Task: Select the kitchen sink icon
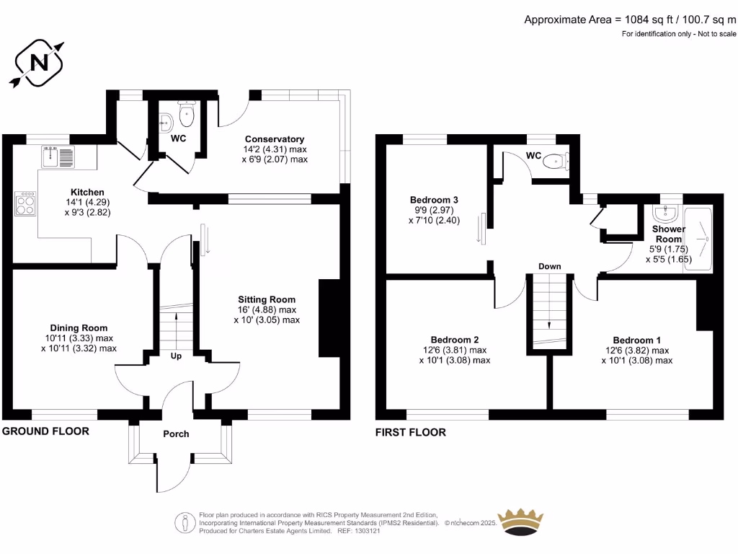pyautogui.click(x=58, y=156)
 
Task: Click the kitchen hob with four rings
pyautogui.click(x=26, y=203)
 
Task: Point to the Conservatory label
pyautogui.click(x=274, y=139)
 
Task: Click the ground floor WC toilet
pyautogui.click(x=189, y=113)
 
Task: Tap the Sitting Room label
pyautogui.click(x=267, y=299)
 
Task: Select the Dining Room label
pyautogui.click(x=79, y=327)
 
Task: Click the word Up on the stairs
pyautogui.click(x=176, y=356)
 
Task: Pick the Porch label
pyautogui.click(x=176, y=434)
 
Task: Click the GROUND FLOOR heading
pyautogui.click(x=45, y=431)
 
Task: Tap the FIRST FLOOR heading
pyautogui.click(x=410, y=432)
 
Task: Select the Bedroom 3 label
pyautogui.click(x=434, y=200)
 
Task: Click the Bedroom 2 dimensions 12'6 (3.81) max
pyautogui.click(x=454, y=350)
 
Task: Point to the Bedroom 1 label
pyautogui.click(x=636, y=340)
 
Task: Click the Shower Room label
pyautogui.click(x=668, y=234)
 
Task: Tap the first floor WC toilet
pyautogui.click(x=555, y=161)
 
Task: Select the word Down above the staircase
pyautogui.click(x=549, y=266)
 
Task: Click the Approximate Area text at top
pyautogui.click(x=630, y=19)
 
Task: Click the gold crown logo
pyautogui.click(x=521, y=521)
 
